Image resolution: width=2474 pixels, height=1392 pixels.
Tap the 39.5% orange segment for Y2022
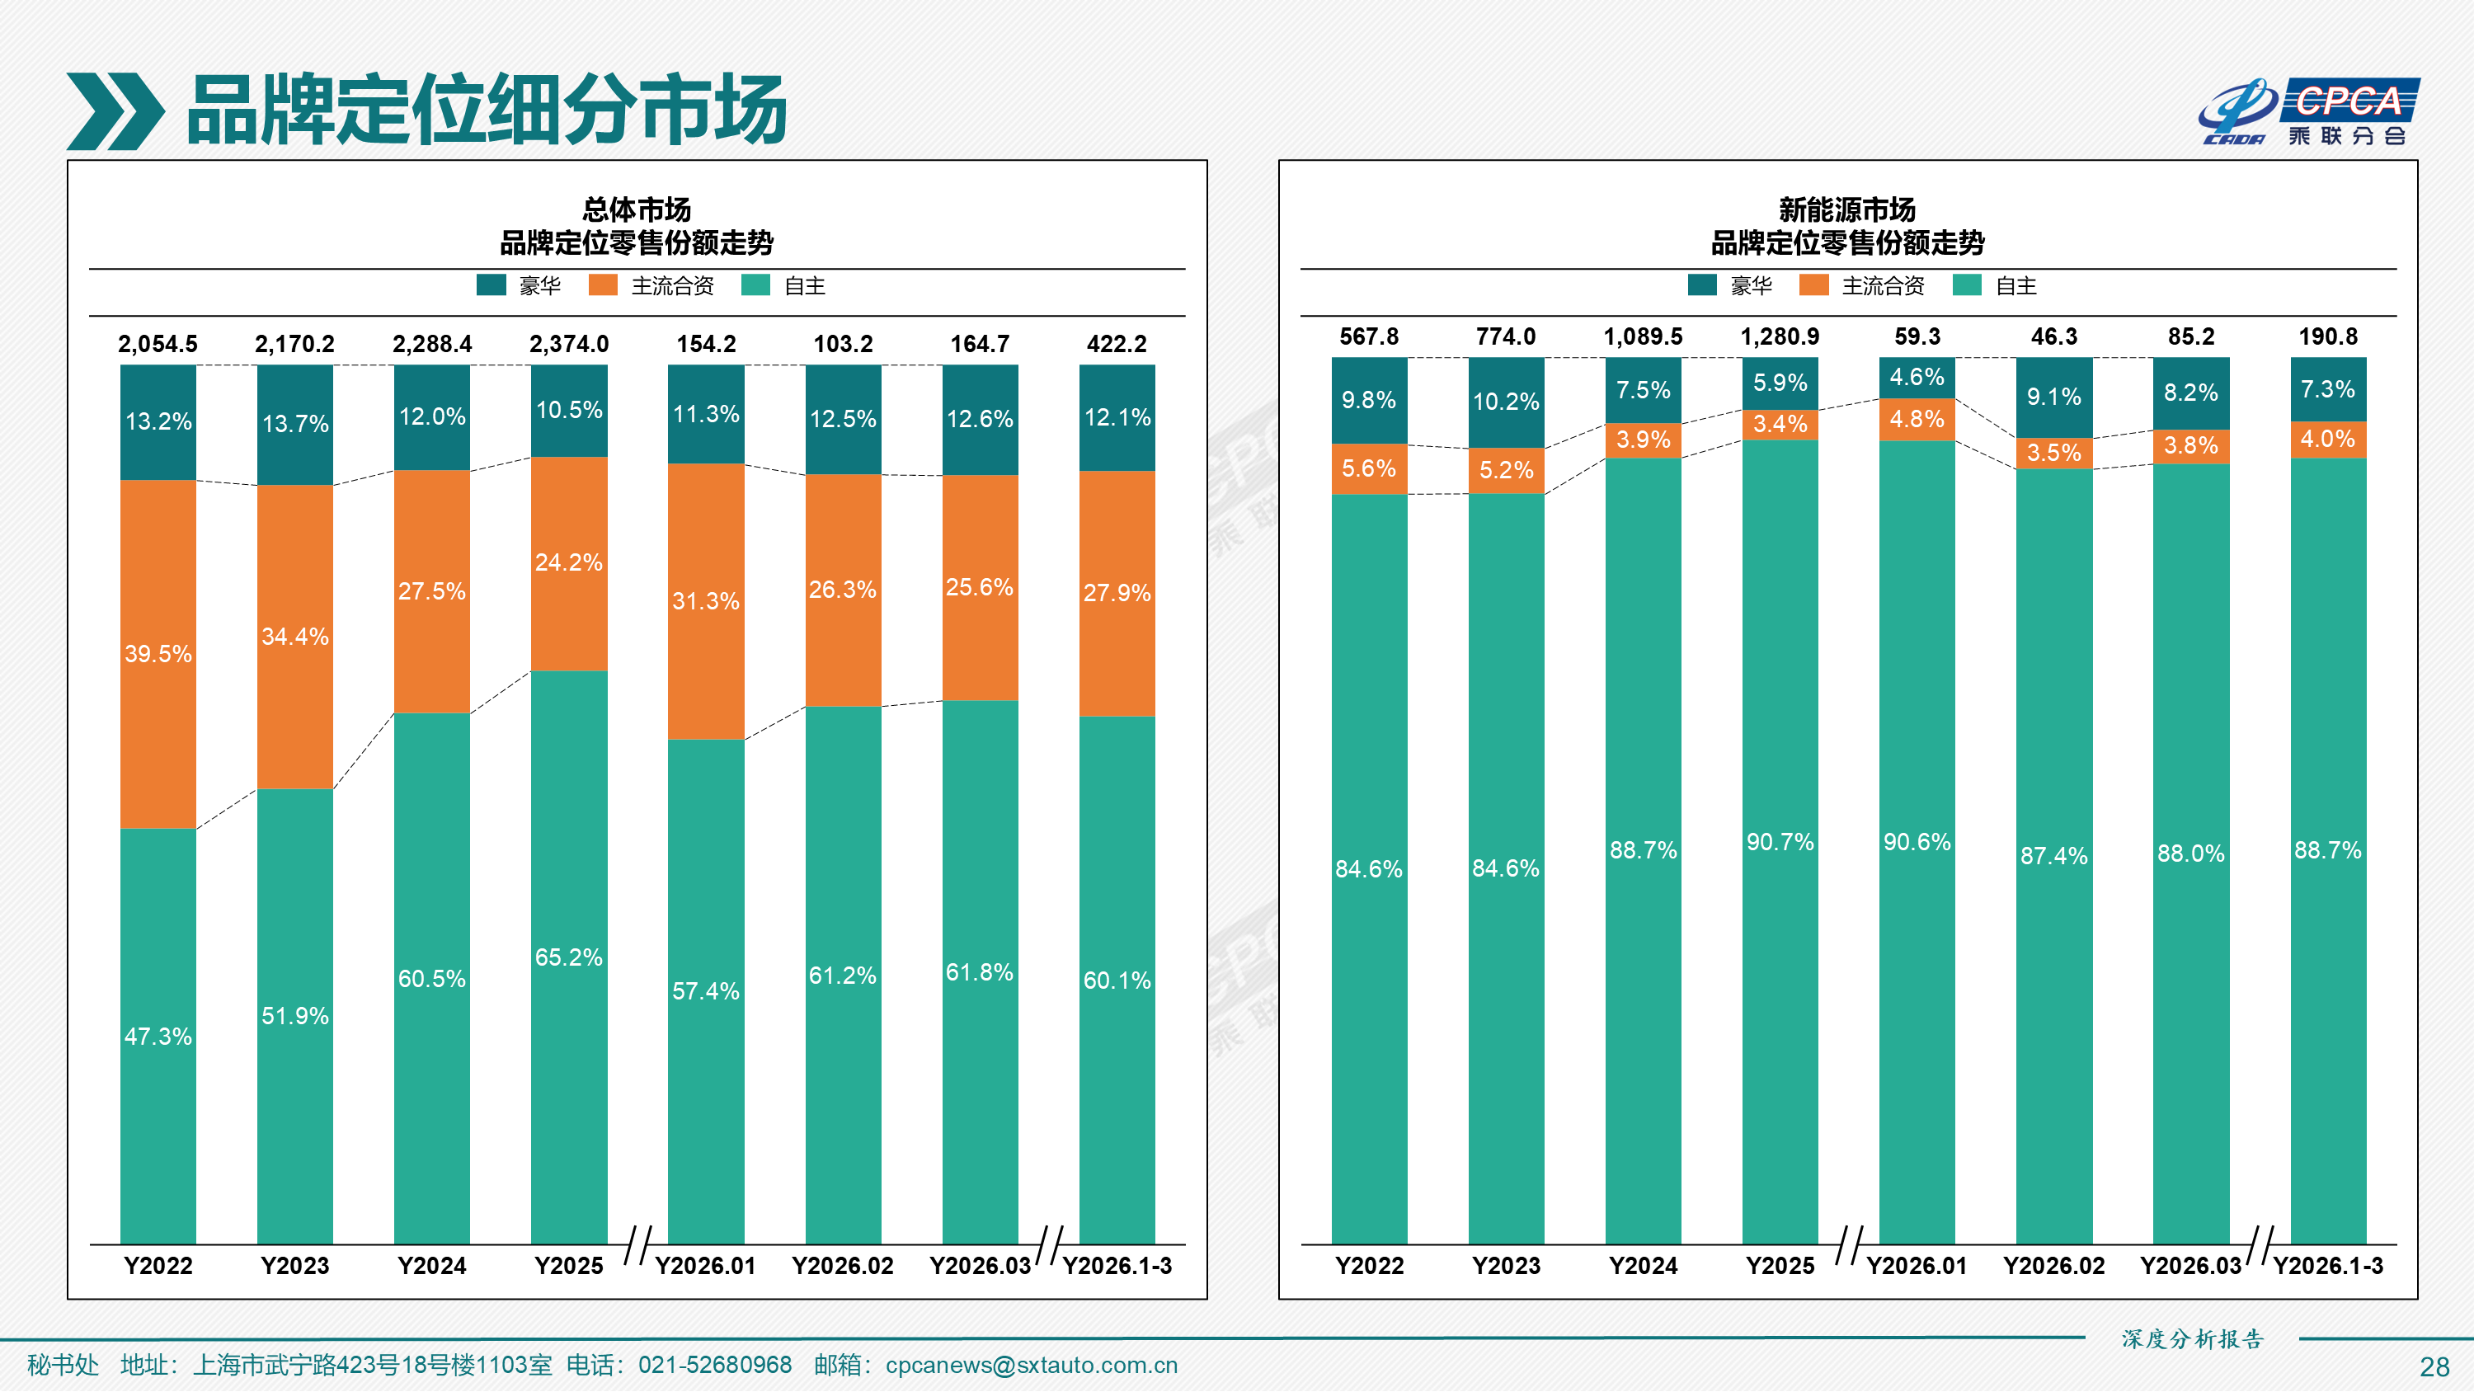158,653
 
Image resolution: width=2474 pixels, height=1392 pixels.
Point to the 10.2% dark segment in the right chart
1505,402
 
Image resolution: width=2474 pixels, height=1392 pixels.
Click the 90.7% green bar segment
1780,841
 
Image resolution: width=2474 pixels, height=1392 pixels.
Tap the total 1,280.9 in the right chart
1780,336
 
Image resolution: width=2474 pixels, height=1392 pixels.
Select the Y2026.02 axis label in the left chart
842,1265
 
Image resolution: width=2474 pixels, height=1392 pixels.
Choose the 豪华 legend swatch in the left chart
491,285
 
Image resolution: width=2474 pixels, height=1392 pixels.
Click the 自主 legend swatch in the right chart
1966,285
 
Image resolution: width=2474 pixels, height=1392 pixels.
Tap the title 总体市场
636,209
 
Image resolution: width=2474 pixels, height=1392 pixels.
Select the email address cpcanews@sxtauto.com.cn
1031,1365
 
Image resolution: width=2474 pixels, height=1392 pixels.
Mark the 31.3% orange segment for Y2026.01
706,601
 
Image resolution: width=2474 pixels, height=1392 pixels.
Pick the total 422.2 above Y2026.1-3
1116,344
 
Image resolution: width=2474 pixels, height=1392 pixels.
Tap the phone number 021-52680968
714,1365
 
